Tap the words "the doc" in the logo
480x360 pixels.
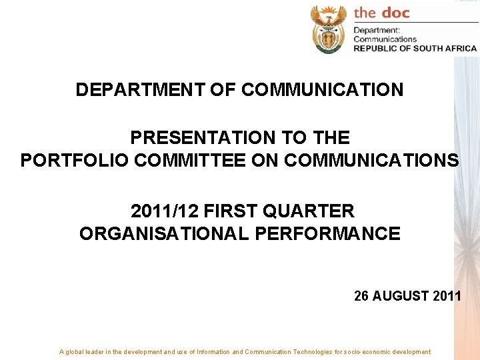pyautogui.click(x=381, y=13)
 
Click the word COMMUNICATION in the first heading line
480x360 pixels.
pyautogui.click(x=322, y=89)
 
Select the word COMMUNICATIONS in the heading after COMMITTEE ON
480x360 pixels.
pyautogui.click(x=371, y=161)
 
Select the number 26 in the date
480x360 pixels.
pyautogui.click(x=361, y=296)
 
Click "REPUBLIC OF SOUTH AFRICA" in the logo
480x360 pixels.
pyautogui.click(x=415, y=48)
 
